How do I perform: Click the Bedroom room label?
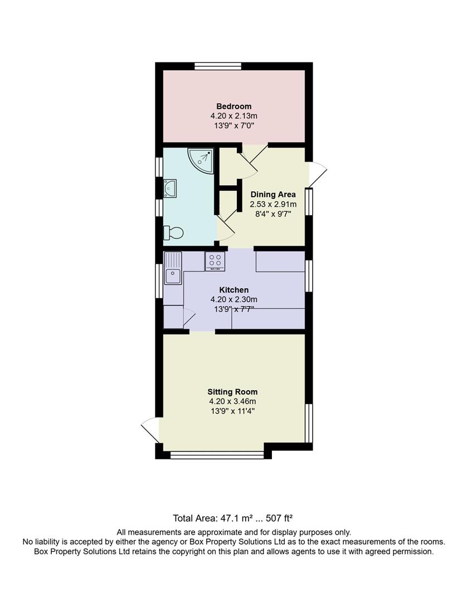tap(234, 106)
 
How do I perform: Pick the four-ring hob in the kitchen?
tap(216, 260)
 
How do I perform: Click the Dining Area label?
tap(273, 195)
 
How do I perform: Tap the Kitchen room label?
tap(234, 290)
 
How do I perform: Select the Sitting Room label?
tap(232, 391)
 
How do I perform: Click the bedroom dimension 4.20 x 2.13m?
tap(234, 116)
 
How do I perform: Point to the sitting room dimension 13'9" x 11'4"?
tap(232, 411)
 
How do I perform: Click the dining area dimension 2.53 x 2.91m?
tap(273, 205)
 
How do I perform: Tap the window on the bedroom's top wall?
tap(218, 66)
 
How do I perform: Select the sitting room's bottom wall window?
tap(217, 455)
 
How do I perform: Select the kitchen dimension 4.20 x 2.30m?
tap(234, 299)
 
